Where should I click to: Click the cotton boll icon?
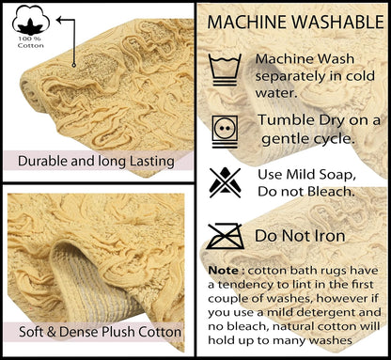[31, 20]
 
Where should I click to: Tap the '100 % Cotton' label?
[30, 42]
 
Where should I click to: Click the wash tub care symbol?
[225, 70]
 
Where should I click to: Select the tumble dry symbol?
[225, 132]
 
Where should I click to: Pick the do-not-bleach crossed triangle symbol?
[225, 182]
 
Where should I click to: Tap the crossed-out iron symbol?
[225, 236]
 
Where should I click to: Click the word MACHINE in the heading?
[247, 22]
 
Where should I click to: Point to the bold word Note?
[224, 270]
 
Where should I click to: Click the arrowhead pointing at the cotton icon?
[59, 20]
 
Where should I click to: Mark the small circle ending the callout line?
[74, 65]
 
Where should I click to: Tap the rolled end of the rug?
[31, 92]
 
